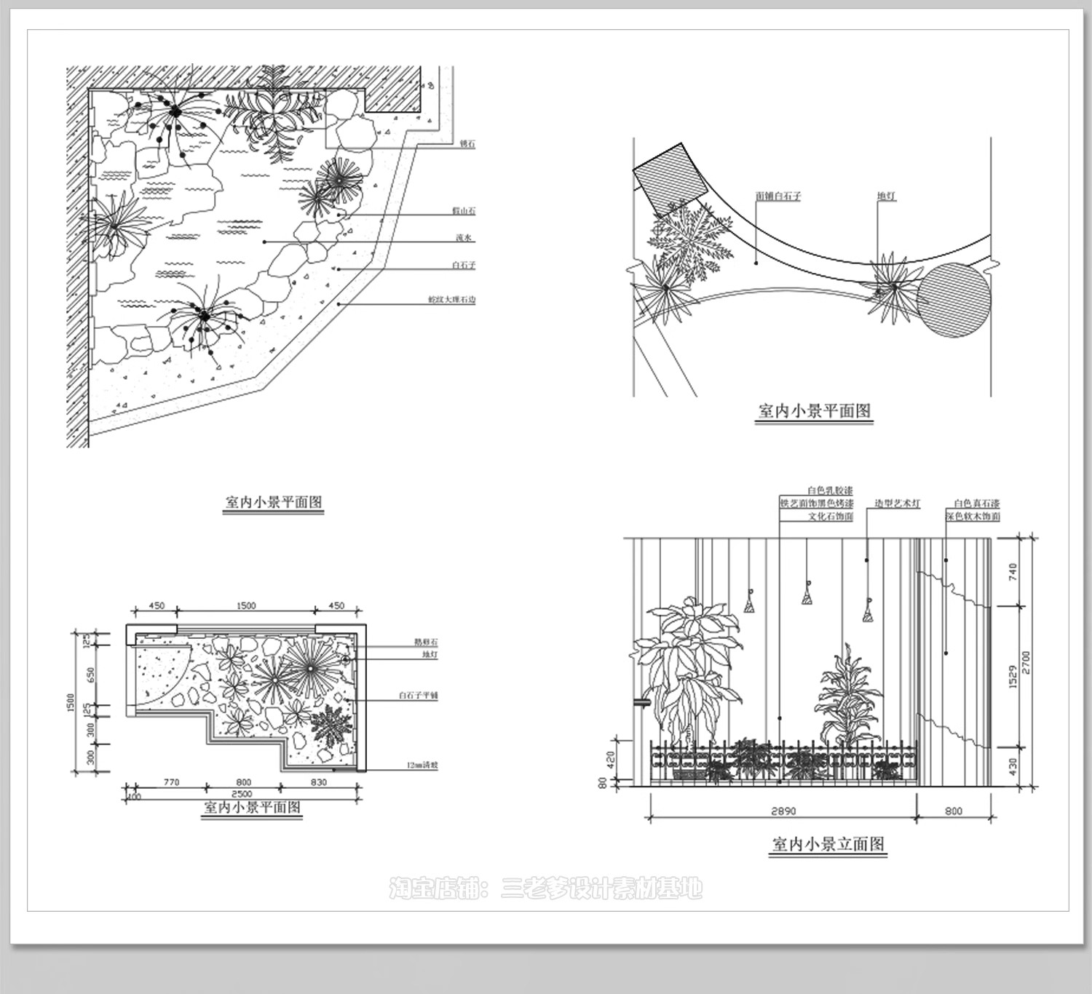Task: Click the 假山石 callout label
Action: coord(463,211)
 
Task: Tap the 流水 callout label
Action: coord(464,238)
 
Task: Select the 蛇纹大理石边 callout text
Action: coord(451,299)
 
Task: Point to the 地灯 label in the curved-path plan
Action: coord(886,196)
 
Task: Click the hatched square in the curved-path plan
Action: coord(671,178)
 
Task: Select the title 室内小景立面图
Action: coord(828,844)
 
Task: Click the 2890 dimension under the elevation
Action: coord(783,811)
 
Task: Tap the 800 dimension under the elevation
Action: coord(953,811)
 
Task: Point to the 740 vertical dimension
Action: coord(1012,573)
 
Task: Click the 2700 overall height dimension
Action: coord(1025,664)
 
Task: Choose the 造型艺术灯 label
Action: coord(897,504)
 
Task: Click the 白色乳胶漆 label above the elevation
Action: coord(829,491)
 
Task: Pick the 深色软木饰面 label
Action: coord(973,517)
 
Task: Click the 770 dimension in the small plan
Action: coord(170,782)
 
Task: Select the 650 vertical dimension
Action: coord(90,675)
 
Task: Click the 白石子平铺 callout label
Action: coord(418,696)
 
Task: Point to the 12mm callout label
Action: coord(422,766)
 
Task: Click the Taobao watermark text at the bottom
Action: coord(546,888)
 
